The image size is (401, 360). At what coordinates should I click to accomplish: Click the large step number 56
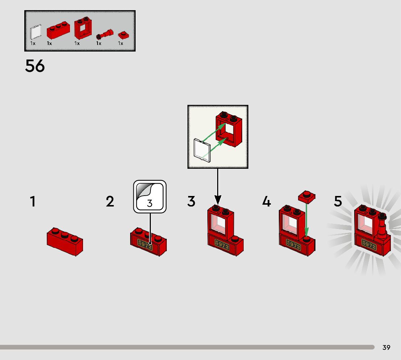pos(35,66)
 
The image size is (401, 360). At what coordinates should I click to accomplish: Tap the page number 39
pos(386,347)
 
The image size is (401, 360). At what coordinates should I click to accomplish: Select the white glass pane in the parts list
pos(36,32)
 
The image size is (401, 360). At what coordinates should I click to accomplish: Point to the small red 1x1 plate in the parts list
pos(123,35)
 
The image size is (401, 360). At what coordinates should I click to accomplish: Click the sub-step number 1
pos(33,201)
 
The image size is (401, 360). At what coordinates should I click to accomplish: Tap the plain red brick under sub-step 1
pos(65,241)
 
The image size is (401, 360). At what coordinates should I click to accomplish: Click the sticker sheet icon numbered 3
pos(150,196)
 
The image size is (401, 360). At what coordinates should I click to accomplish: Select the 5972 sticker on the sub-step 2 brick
pos(145,245)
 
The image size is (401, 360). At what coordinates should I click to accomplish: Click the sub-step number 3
pos(191,201)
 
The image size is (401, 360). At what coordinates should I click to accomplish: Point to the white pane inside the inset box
pos(202,149)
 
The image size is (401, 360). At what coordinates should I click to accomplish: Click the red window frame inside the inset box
pos(229,129)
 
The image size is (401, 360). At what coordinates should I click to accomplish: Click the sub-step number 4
pos(266,201)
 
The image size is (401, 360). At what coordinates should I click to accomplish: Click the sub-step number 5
pos(338,201)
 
